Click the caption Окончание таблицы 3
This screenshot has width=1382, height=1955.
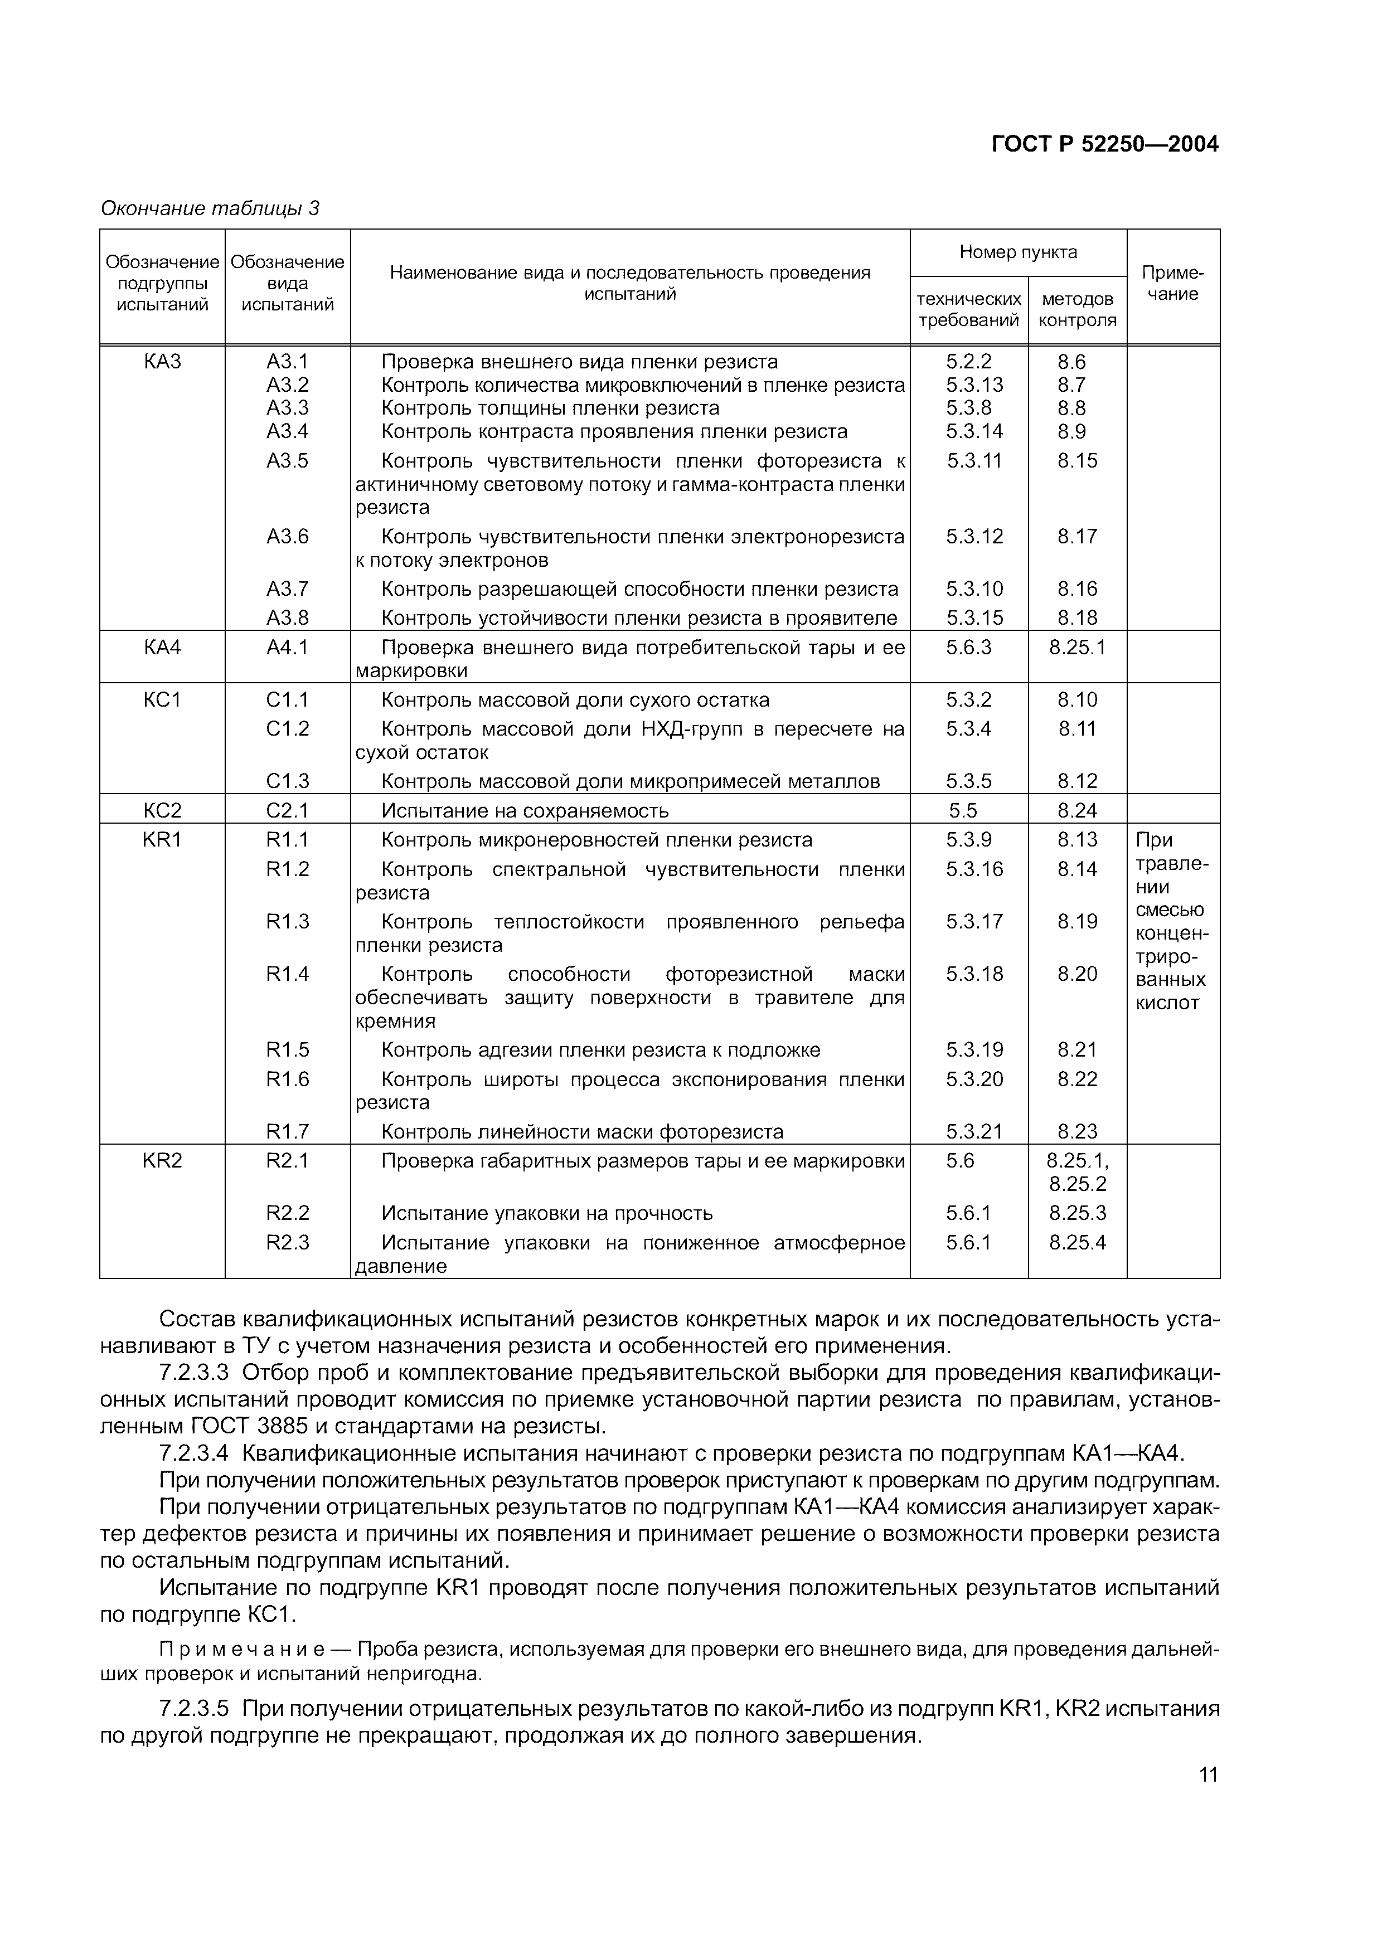pos(210,208)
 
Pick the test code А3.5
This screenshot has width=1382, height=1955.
pos(287,461)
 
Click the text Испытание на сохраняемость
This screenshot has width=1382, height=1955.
pos(525,811)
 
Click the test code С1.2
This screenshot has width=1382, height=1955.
pos(287,729)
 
